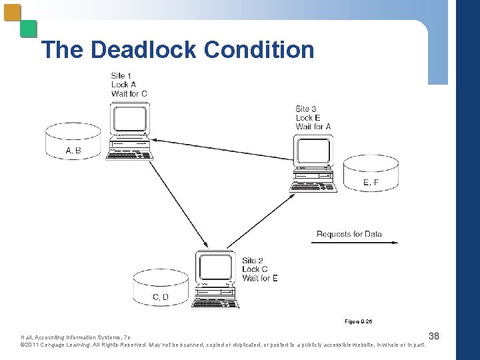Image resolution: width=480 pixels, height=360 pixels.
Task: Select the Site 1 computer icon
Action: tap(130, 130)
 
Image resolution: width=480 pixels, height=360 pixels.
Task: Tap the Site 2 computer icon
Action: tap(215, 279)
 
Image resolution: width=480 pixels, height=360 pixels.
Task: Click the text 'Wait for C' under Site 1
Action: tap(129, 93)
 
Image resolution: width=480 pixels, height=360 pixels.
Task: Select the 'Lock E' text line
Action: tap(308, 118)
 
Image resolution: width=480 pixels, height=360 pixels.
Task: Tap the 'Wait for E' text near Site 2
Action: tap(260, 278)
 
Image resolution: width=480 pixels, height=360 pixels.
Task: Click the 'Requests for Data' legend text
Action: tap(349, 234)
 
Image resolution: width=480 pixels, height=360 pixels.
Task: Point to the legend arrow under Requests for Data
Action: tap(355, 243)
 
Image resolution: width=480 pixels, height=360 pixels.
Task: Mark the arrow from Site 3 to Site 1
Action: tap(220, 150)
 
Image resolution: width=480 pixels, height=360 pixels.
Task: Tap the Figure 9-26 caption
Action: tap(359, 321)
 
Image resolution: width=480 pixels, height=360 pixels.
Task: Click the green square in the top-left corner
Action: tap(28, 29)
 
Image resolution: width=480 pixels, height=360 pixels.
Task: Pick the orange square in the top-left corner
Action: tap(11, 13)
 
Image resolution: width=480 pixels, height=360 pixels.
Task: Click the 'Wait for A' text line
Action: tap(313, 127)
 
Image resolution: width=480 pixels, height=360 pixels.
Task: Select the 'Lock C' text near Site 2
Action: tap(255, 269)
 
